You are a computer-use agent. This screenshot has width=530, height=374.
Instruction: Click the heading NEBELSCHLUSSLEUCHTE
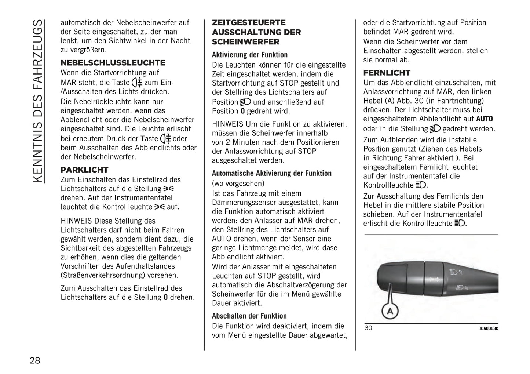click(x=113, y=63)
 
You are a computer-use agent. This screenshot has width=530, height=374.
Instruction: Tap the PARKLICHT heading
click(x=85, y=170)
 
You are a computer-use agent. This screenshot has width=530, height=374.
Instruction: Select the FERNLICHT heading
click(x=387, y=73)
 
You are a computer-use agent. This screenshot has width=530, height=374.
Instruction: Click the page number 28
click(x=35, y=360)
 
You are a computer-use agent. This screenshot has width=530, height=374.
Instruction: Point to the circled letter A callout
click(x=390, y=311)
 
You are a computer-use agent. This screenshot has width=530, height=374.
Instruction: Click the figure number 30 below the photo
click(x=368, y=328)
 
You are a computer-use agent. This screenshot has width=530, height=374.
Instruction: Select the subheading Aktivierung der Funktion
click(x=250, y=55)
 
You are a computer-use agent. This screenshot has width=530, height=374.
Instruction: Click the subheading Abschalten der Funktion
click(x=249, y=316)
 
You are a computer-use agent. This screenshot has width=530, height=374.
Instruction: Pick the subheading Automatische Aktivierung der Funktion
click(x=272, y=173)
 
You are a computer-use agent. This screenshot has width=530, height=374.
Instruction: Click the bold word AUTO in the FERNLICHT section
click(x=485, y=119)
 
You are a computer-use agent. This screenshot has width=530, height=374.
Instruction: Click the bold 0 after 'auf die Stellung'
click(x=165, y=297)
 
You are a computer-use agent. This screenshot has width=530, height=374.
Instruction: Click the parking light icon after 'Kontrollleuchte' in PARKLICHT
click(x=160, y=207)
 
